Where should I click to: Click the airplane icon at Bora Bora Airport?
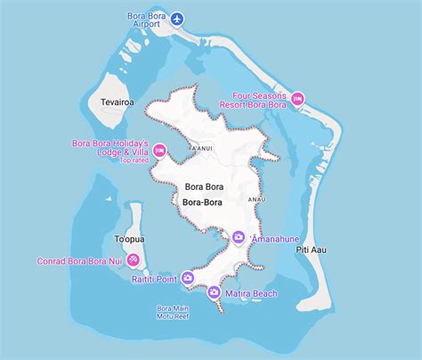[x=178, y=18]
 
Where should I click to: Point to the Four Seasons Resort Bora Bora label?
[x=259, y=101]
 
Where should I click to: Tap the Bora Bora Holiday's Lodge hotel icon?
[x=159, y=151]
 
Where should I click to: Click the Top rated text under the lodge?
[x=134, y=161]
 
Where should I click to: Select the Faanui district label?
[x=201, y=149]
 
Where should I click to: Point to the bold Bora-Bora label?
[x=201, y=202]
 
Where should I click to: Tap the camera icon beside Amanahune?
[x=238, y=237]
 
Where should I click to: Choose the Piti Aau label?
[x=311, y=250]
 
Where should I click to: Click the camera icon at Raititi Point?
[x=187, y=277]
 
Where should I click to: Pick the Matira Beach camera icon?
[x=214, y=292]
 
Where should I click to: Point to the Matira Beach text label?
[x=251, y=293]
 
